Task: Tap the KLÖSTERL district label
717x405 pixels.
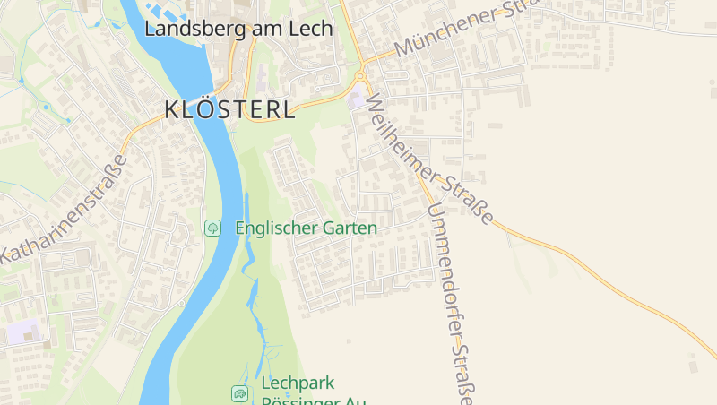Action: click(x=229, y=109)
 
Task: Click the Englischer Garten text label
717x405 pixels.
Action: click(x=306, y=228)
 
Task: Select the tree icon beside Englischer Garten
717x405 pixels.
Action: click(x=212, y=228)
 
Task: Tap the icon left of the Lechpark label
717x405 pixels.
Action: click(x=239, y=392)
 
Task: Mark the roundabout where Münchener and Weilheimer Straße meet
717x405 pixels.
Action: click(x=359, y=76)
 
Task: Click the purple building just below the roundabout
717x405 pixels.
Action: click(x=358, y=99)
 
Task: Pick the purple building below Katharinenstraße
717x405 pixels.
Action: click(x=23, y=332)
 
